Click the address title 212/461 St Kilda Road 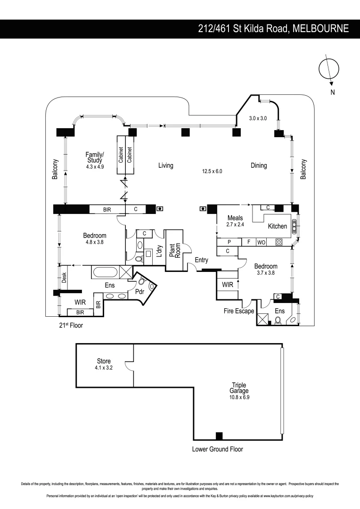273,29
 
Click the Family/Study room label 95,157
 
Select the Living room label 165,165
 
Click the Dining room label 259,165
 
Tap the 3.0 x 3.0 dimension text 258,119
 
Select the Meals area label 235,218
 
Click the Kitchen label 277,226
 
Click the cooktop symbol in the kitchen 278,242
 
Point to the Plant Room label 175,245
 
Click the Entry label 201,260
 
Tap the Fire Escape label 239,311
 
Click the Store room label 104,361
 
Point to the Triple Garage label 239,388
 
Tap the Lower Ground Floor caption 217,449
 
